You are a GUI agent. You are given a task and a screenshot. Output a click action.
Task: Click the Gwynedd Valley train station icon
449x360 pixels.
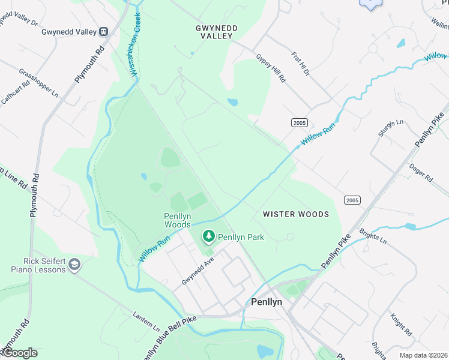coord(104,32)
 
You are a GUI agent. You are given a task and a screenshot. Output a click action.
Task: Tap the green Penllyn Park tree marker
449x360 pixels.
coord(209,236)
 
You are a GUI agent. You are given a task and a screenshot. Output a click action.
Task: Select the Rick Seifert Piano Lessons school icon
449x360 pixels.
coord(74,265)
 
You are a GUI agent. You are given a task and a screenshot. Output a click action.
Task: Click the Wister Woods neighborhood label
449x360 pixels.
coord(296,214)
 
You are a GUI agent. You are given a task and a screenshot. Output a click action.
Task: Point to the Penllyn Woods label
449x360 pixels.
coord(178,220)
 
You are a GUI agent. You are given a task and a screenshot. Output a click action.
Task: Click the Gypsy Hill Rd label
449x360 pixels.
coord(271,68)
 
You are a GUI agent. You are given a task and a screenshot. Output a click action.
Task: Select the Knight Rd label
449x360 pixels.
coord(401,324)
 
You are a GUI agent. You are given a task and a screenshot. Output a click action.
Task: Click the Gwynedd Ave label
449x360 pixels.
coord(198,272)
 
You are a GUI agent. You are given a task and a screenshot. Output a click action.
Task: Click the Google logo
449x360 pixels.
coord(20,353)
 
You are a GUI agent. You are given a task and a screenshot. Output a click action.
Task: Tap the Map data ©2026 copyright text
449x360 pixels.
coord(424,355)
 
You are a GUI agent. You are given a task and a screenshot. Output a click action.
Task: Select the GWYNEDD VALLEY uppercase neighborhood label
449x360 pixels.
coord(217,32)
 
